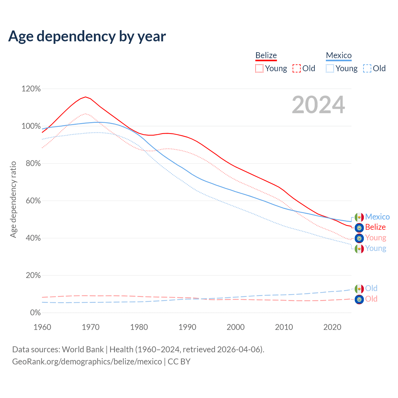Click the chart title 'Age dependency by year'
(87, 36)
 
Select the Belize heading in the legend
(266, 55)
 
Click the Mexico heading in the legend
(339, 55)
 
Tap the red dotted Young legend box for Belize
(259, 68)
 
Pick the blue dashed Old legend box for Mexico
(367, 68)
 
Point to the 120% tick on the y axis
(31, 89)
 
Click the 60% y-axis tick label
(31, 201)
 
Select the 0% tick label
(35, 313)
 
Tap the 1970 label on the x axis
(90, 327)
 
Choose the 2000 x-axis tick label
(236, 327)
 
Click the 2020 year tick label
(332, 327)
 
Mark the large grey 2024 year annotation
(318, 105)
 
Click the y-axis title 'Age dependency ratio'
(13, 199)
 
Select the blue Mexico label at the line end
(377, 217)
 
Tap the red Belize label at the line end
(375, 227)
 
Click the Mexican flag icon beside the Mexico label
(359, 217)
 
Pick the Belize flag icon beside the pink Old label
(359, 299)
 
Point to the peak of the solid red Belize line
(86, 97)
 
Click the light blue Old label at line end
(371, 288)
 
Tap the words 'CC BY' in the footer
(179, 362)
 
